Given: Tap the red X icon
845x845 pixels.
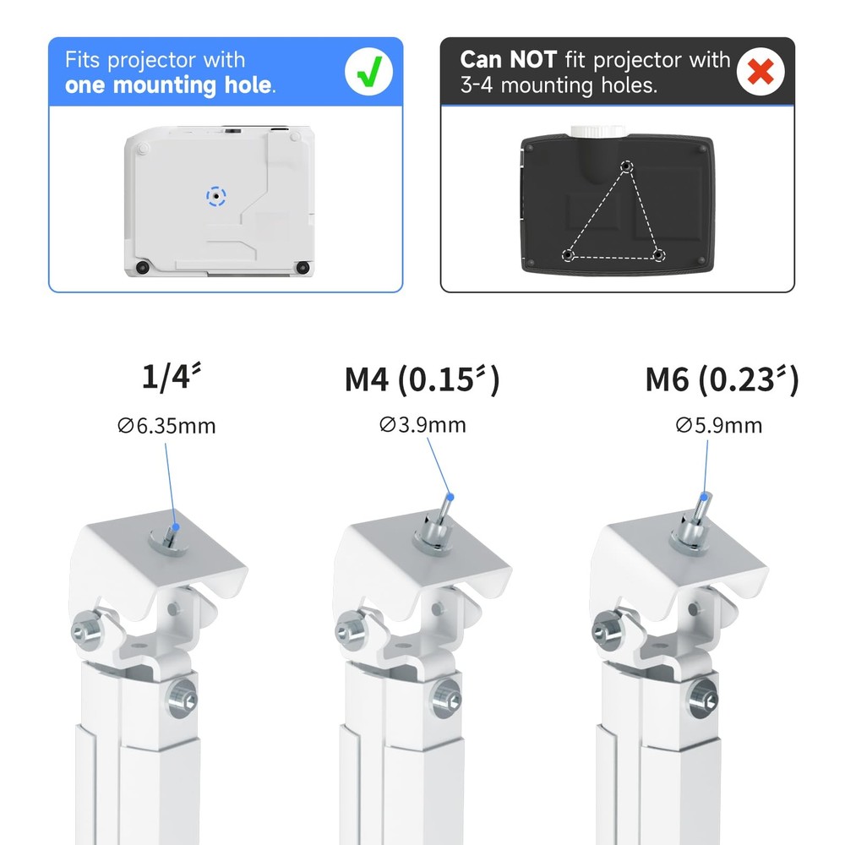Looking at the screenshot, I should pos(760,73).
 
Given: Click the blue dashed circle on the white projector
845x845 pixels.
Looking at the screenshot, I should pos(217,196).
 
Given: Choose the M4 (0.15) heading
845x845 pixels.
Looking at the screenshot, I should pos(422,379).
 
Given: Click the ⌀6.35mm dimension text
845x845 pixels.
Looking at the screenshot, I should pos(166,425).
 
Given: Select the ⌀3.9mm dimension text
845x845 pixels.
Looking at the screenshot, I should pos(422,424).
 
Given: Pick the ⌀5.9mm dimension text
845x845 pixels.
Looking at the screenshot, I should pos(718,424).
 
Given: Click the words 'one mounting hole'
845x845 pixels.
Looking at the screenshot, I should pos(169,84).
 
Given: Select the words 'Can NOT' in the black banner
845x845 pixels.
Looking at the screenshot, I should pos(508,60).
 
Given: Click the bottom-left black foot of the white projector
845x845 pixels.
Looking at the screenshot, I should pos(142,267).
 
